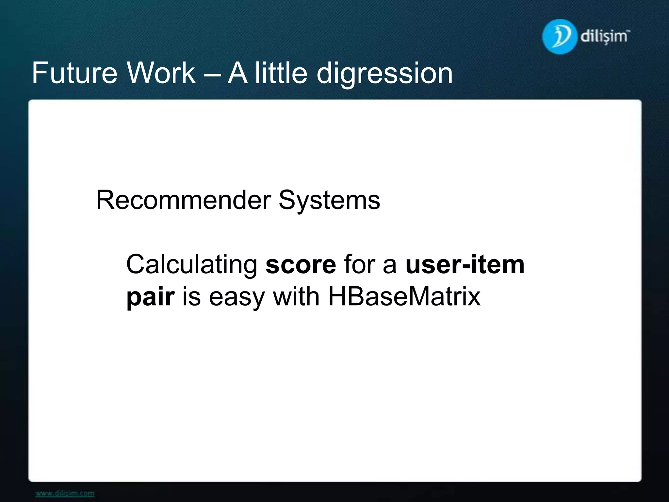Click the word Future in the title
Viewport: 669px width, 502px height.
[x=74, y=73]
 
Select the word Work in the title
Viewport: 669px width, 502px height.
[x=161, y=73]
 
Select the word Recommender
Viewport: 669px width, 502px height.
[x=183, y=200]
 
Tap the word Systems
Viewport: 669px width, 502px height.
[x=329, y=201]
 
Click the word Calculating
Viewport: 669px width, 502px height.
[x=192, y=265]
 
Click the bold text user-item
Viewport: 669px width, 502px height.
[x=465, y=265]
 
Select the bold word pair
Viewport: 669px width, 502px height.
[x=150, y=297]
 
